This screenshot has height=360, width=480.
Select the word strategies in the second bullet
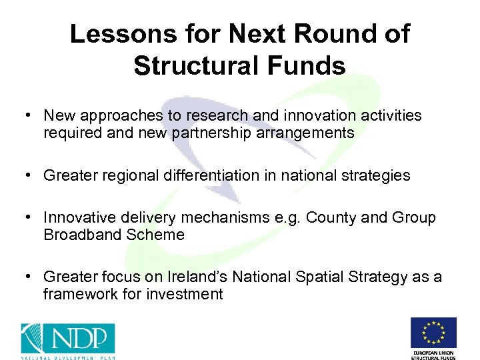pos(377,175)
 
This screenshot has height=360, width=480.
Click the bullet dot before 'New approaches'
pos(30,115)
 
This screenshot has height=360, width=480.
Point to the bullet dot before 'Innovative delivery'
pos(30,217)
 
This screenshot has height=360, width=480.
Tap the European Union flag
pos(433,331)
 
